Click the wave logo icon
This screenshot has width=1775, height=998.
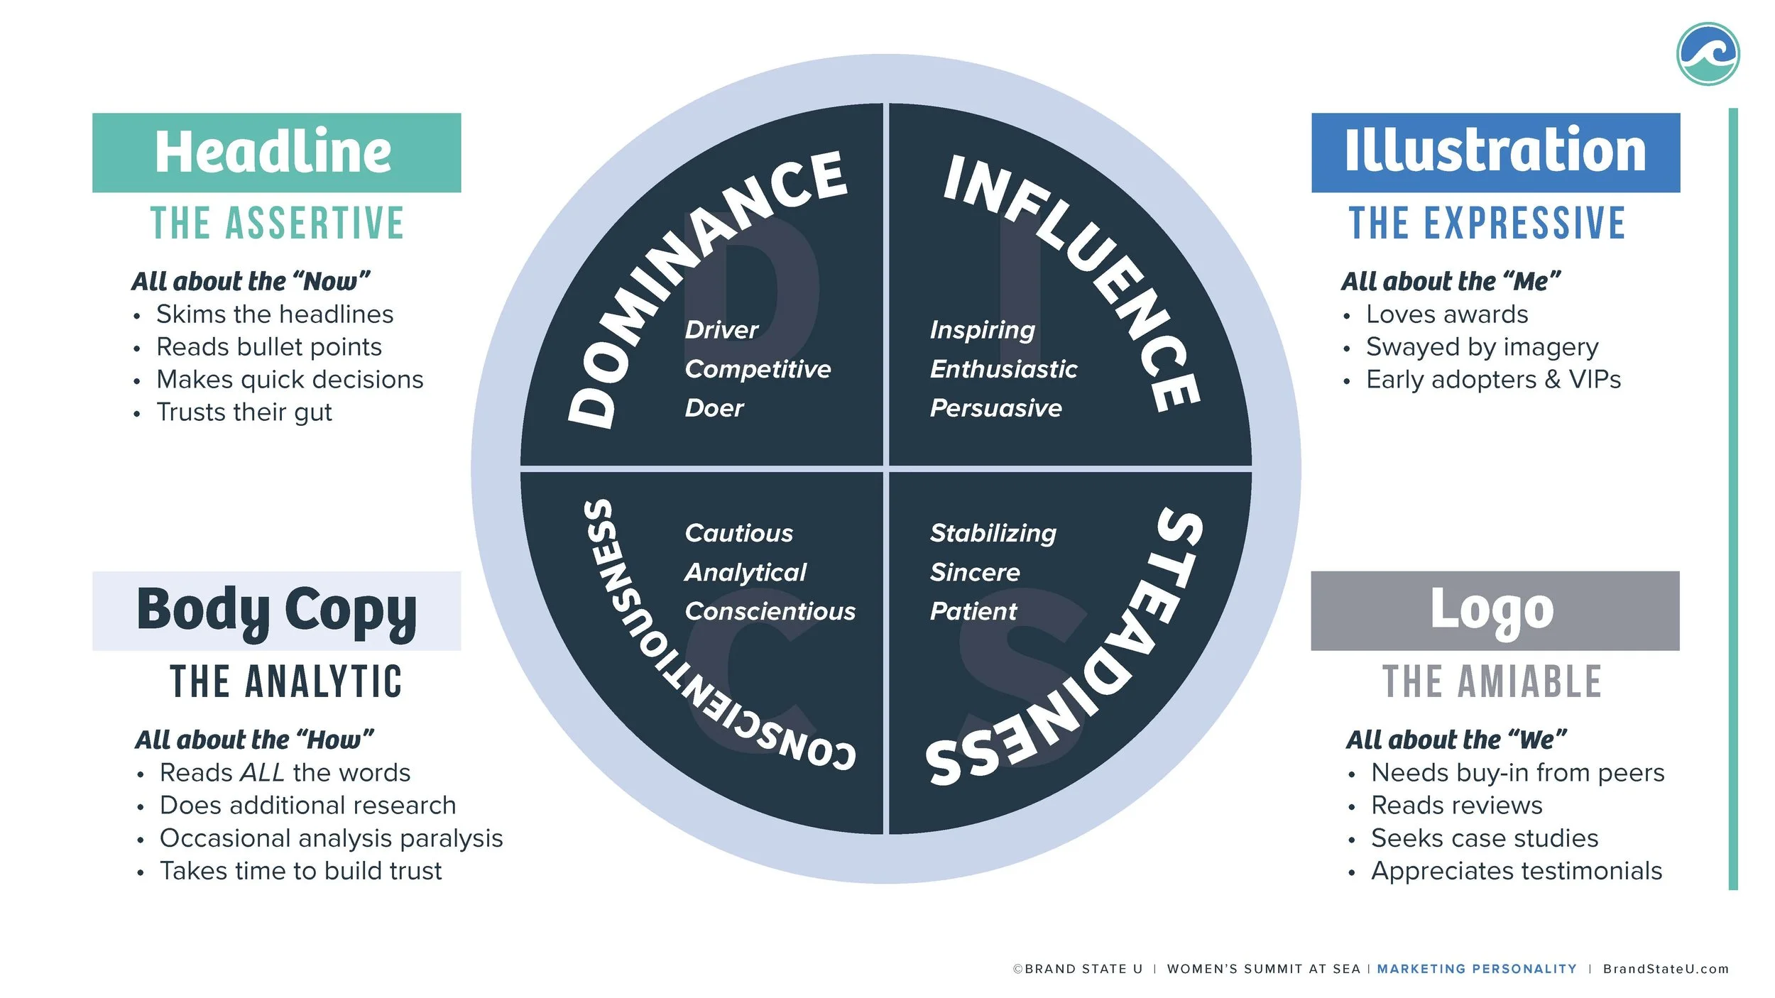tap(1708, 54)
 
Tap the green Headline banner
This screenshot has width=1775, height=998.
tap(276, 153)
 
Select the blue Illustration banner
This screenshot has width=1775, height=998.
tap(1495, 153)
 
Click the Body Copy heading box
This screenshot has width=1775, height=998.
tap(276, 611)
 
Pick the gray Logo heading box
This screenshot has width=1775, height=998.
tap(1495, 611)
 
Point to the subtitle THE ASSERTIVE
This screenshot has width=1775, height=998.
tap(277, 224)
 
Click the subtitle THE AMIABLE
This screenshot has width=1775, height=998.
tap(1492, 682)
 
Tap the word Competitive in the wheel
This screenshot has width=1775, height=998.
tap(758, 369)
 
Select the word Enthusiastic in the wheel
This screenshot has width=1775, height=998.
tap(1003, 369)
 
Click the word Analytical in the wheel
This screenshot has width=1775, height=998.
tap(745, 572)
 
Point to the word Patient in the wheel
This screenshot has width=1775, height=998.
tap(973, 611)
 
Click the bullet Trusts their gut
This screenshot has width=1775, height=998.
tap(244, 412)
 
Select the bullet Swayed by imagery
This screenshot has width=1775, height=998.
tap(1482, 347)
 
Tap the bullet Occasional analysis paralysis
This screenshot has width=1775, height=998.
tap(331, 838)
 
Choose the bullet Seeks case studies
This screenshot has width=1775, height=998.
tap(1484, 838)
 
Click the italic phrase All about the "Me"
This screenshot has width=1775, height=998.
tap(1451, 282)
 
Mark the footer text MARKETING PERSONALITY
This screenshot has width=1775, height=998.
tap(1476, 969)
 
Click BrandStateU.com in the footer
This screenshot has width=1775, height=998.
tap(1666, 969)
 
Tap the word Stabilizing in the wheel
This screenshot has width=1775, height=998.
tap(993, 533)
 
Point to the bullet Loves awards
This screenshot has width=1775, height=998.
tap(1447, 314)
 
